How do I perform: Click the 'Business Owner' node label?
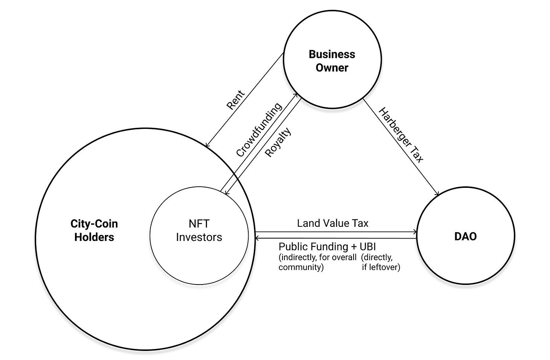tap(332, 61)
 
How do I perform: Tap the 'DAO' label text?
tap(465, 237)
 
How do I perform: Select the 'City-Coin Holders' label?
tap(94, 230)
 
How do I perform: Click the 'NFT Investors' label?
tap(199, 230)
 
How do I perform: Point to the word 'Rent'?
tap(236, 100)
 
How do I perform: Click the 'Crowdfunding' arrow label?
tap(259, 130)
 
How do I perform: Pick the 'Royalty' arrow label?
tap(278, 142)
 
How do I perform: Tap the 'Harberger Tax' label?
tap(401, 135)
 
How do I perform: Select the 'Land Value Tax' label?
tap(333, 223)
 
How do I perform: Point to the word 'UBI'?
tap(368, 247)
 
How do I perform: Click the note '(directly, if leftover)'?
tap(380, 263)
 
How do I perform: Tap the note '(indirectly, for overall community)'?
tap(317, 263)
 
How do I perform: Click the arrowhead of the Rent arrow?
tap(207, 146)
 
